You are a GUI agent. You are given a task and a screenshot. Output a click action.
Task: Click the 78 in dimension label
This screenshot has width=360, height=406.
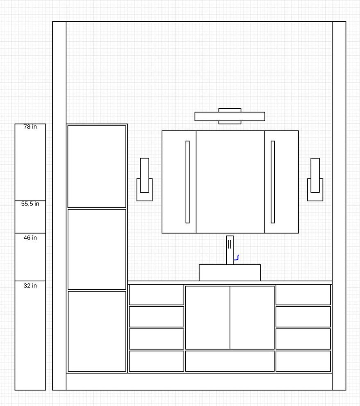tap(30, 127)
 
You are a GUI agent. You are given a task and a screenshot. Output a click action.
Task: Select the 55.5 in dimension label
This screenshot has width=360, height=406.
tap(30, 204)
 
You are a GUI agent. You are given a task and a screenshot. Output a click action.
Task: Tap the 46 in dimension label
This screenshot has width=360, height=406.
tap(30, 238)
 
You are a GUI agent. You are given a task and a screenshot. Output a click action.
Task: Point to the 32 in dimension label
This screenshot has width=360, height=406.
tap(30, 285)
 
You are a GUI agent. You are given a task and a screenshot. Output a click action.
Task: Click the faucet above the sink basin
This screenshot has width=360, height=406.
tap(230, 250)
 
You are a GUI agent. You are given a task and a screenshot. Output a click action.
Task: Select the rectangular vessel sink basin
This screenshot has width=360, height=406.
tap(230, 273)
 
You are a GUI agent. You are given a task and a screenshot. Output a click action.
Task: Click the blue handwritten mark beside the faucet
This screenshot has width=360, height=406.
tap(236, 258)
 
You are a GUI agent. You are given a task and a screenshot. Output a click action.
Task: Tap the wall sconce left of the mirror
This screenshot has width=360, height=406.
tap(144, 180)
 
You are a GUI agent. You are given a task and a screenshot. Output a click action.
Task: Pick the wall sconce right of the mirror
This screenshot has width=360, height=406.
tap(315, 180)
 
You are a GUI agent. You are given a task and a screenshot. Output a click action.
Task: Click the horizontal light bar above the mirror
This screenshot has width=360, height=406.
tap(230, 116)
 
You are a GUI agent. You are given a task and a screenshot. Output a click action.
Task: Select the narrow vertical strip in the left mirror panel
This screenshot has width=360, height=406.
tap(188, 182)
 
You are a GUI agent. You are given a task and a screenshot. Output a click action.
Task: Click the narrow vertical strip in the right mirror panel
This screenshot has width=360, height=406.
tap(273, 182)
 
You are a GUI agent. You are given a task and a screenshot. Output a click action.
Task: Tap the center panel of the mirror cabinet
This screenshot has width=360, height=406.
tap(230, 182)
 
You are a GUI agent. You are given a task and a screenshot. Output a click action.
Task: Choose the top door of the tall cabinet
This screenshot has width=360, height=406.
tap(97, 167)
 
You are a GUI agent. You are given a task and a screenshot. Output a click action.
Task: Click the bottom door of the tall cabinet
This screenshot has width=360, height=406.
tap(97, 331)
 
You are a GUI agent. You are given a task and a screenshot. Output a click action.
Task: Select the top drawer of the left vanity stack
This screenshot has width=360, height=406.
tap(156, 295)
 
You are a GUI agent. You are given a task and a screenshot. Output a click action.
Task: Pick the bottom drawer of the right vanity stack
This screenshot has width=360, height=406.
tap(303, 361)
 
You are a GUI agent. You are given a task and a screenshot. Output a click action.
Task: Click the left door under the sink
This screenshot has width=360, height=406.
tap(207, 317)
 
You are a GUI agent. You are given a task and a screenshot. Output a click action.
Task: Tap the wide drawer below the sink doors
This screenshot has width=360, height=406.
tap(230, 361)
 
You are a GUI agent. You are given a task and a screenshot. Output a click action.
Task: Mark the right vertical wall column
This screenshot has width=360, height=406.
tap(339, 206)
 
